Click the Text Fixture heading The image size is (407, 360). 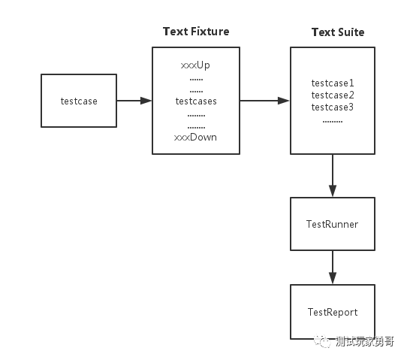196,32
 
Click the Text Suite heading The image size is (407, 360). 338,32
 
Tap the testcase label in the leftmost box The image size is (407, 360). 79,101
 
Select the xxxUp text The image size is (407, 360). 195,65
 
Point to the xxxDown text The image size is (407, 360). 195,137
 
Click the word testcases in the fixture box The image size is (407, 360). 196,101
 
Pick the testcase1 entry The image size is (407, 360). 333,83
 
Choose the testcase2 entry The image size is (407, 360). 333,95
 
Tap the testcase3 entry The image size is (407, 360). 333,107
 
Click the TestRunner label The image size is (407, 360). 332,224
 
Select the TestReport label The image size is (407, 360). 333,312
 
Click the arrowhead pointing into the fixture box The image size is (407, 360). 146,101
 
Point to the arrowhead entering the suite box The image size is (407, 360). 284,101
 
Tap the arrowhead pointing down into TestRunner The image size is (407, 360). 333,191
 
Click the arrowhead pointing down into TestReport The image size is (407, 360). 333,278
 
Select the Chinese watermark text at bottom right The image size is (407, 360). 365,341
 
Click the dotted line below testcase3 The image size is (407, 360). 333,121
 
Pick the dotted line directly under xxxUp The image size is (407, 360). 196,80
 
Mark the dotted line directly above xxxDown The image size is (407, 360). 196,128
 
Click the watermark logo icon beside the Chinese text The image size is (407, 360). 322,340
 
